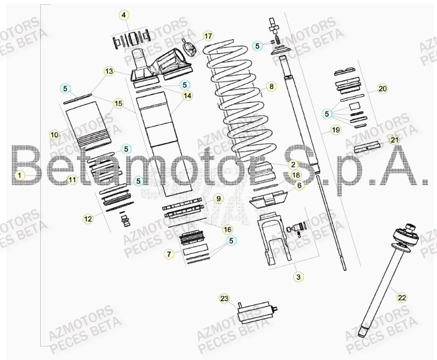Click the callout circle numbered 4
(124, 15)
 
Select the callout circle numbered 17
(208, 36)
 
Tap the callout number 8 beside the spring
(271, 86)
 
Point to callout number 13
(109, 71)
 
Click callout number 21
(393, 140)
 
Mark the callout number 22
(402, 298)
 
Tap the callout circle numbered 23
(224, 299)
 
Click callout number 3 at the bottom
(298, 277)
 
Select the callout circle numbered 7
(169, 254)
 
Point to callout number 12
(88, 218)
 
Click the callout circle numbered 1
(19, 174)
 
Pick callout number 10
(54, 135)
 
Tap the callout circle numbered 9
(217, 199)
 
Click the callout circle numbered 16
(227, 229)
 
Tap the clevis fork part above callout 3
(275, 239)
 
